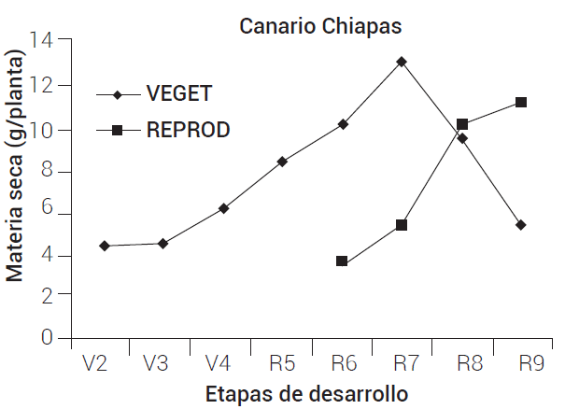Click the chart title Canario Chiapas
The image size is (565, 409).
pyautogui.click(x=320, y=25)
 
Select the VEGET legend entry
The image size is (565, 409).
pyautogui.click(x=178, y=94)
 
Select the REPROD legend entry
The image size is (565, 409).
pyautogui.click(x=188, y=130)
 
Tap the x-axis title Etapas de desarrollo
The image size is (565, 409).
pyautogui.click(x=306, y=393)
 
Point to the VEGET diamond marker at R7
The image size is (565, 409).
pyautogui.click(x=402, y=62)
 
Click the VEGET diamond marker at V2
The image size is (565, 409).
pyautogui.click(x=104, y=246)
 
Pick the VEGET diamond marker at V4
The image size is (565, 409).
pyautogui.click(x=223, y=208)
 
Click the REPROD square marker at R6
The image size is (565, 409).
pyautogui.click(x=342, y=261)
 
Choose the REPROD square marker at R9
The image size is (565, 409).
pyautogui.click(x=521, y=102)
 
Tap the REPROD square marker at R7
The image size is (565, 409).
pyautogui.click(x=402, y=225)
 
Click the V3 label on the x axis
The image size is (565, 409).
pyautogui.click(x=156, y=363)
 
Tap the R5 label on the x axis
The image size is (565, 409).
pyautogui.click(x=283, y=363)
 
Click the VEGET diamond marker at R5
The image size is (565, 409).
pyautogui.click(x=283, y=162)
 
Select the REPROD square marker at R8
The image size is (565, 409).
pyautogui.click(x=461, y=124)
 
